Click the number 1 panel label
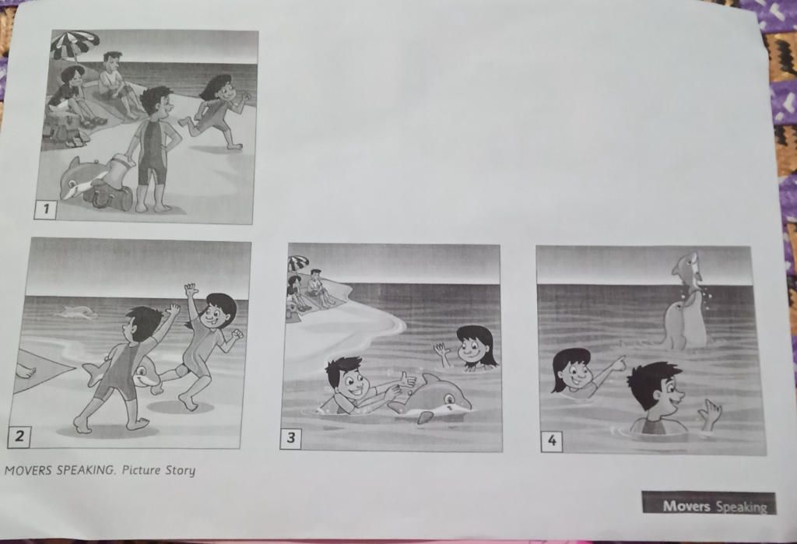45,209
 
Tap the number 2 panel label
19,437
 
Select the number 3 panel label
290,437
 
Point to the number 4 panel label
552,440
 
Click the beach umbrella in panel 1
74,44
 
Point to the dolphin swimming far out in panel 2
78,312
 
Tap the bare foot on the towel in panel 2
26,372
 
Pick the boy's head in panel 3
346,378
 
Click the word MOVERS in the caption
28,470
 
